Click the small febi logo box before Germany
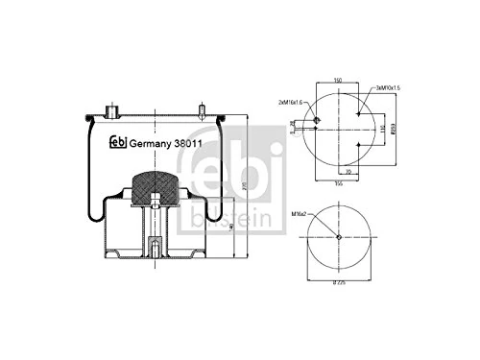point(119,143)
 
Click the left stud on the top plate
point(113,106)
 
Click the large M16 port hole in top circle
point(317,121)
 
